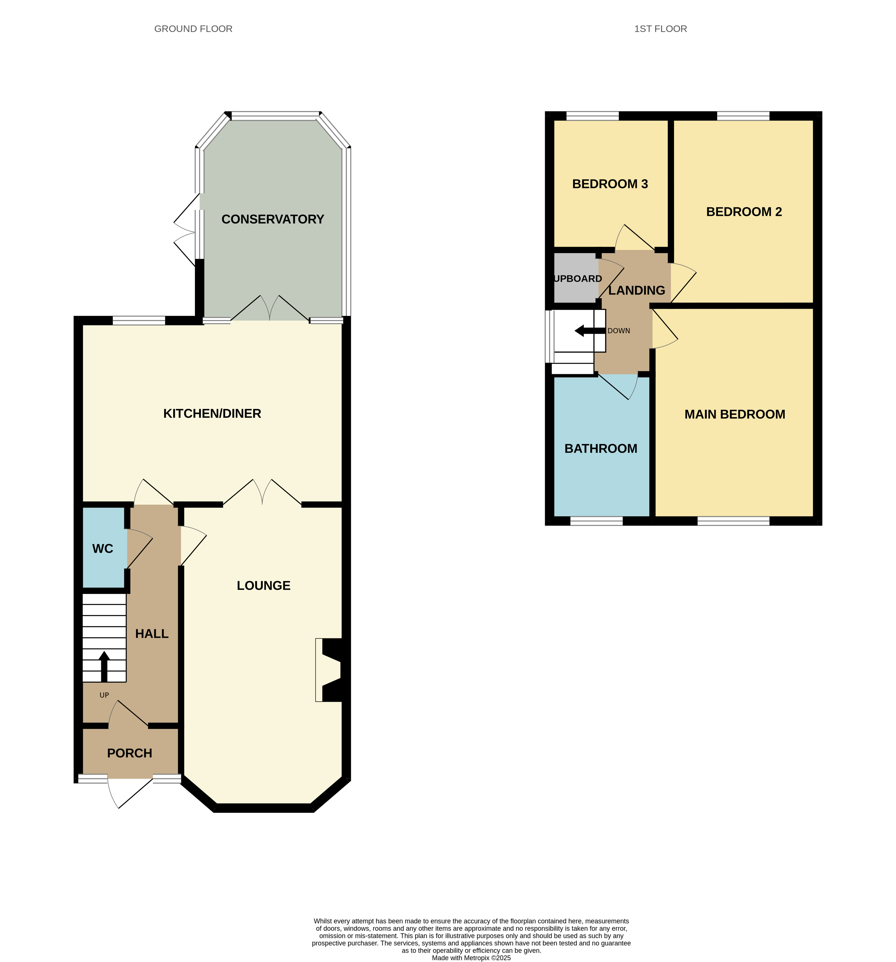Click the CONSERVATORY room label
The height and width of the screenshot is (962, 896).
(x=272, y=219)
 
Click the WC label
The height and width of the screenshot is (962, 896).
(x=103, y=549)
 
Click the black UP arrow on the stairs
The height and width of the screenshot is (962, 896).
(x=104, y=666)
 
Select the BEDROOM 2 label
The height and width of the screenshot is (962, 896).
(x=744, y=211)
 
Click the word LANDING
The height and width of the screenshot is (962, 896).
(x=636, y=290)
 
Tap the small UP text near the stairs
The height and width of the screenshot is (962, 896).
(x=104, y=695)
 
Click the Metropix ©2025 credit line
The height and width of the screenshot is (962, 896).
(x=471, y=958)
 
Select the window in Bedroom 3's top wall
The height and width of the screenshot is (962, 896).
(x=592, y=116)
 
